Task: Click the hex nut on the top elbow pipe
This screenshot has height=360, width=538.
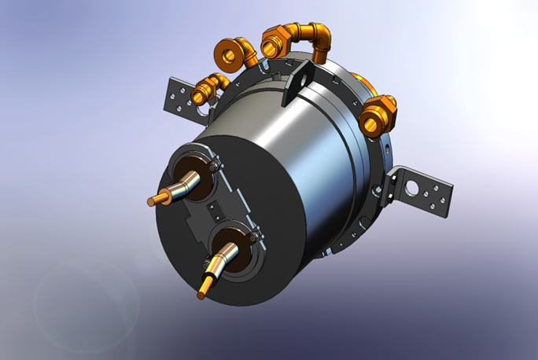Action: (x=275, y=38)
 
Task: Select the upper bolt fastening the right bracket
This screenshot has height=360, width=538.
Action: (x=389, y=172)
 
